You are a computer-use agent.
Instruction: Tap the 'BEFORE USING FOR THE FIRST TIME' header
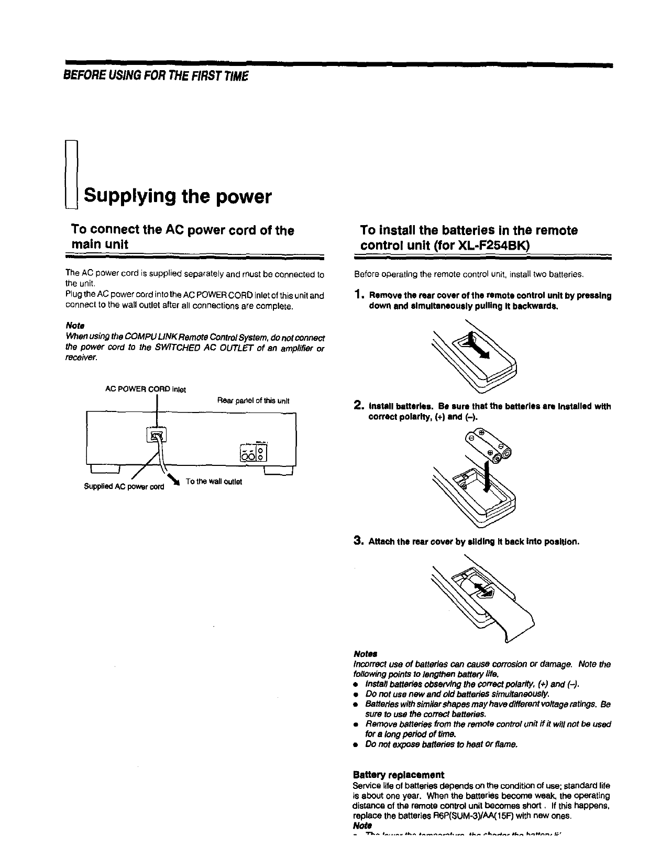click(x=155, y=76)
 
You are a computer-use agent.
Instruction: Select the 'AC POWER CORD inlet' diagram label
click(x=146, y=389)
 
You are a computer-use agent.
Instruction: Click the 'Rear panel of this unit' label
click(x=253, y=401)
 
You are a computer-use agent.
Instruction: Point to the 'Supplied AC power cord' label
click(x=124, y=486)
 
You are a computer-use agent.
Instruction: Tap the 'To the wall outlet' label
click(x=214, y=482)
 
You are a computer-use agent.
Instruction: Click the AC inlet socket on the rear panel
click(x=157, y=434)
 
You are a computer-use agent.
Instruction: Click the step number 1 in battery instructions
click(x=359, y=296)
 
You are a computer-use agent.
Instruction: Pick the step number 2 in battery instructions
click(x=359, y=406)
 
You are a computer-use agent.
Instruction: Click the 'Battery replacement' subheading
click(x=399, y=774)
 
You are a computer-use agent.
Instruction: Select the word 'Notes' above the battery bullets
click(x=366, y=654)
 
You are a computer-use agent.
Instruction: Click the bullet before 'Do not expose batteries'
click(x=356, y=744)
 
